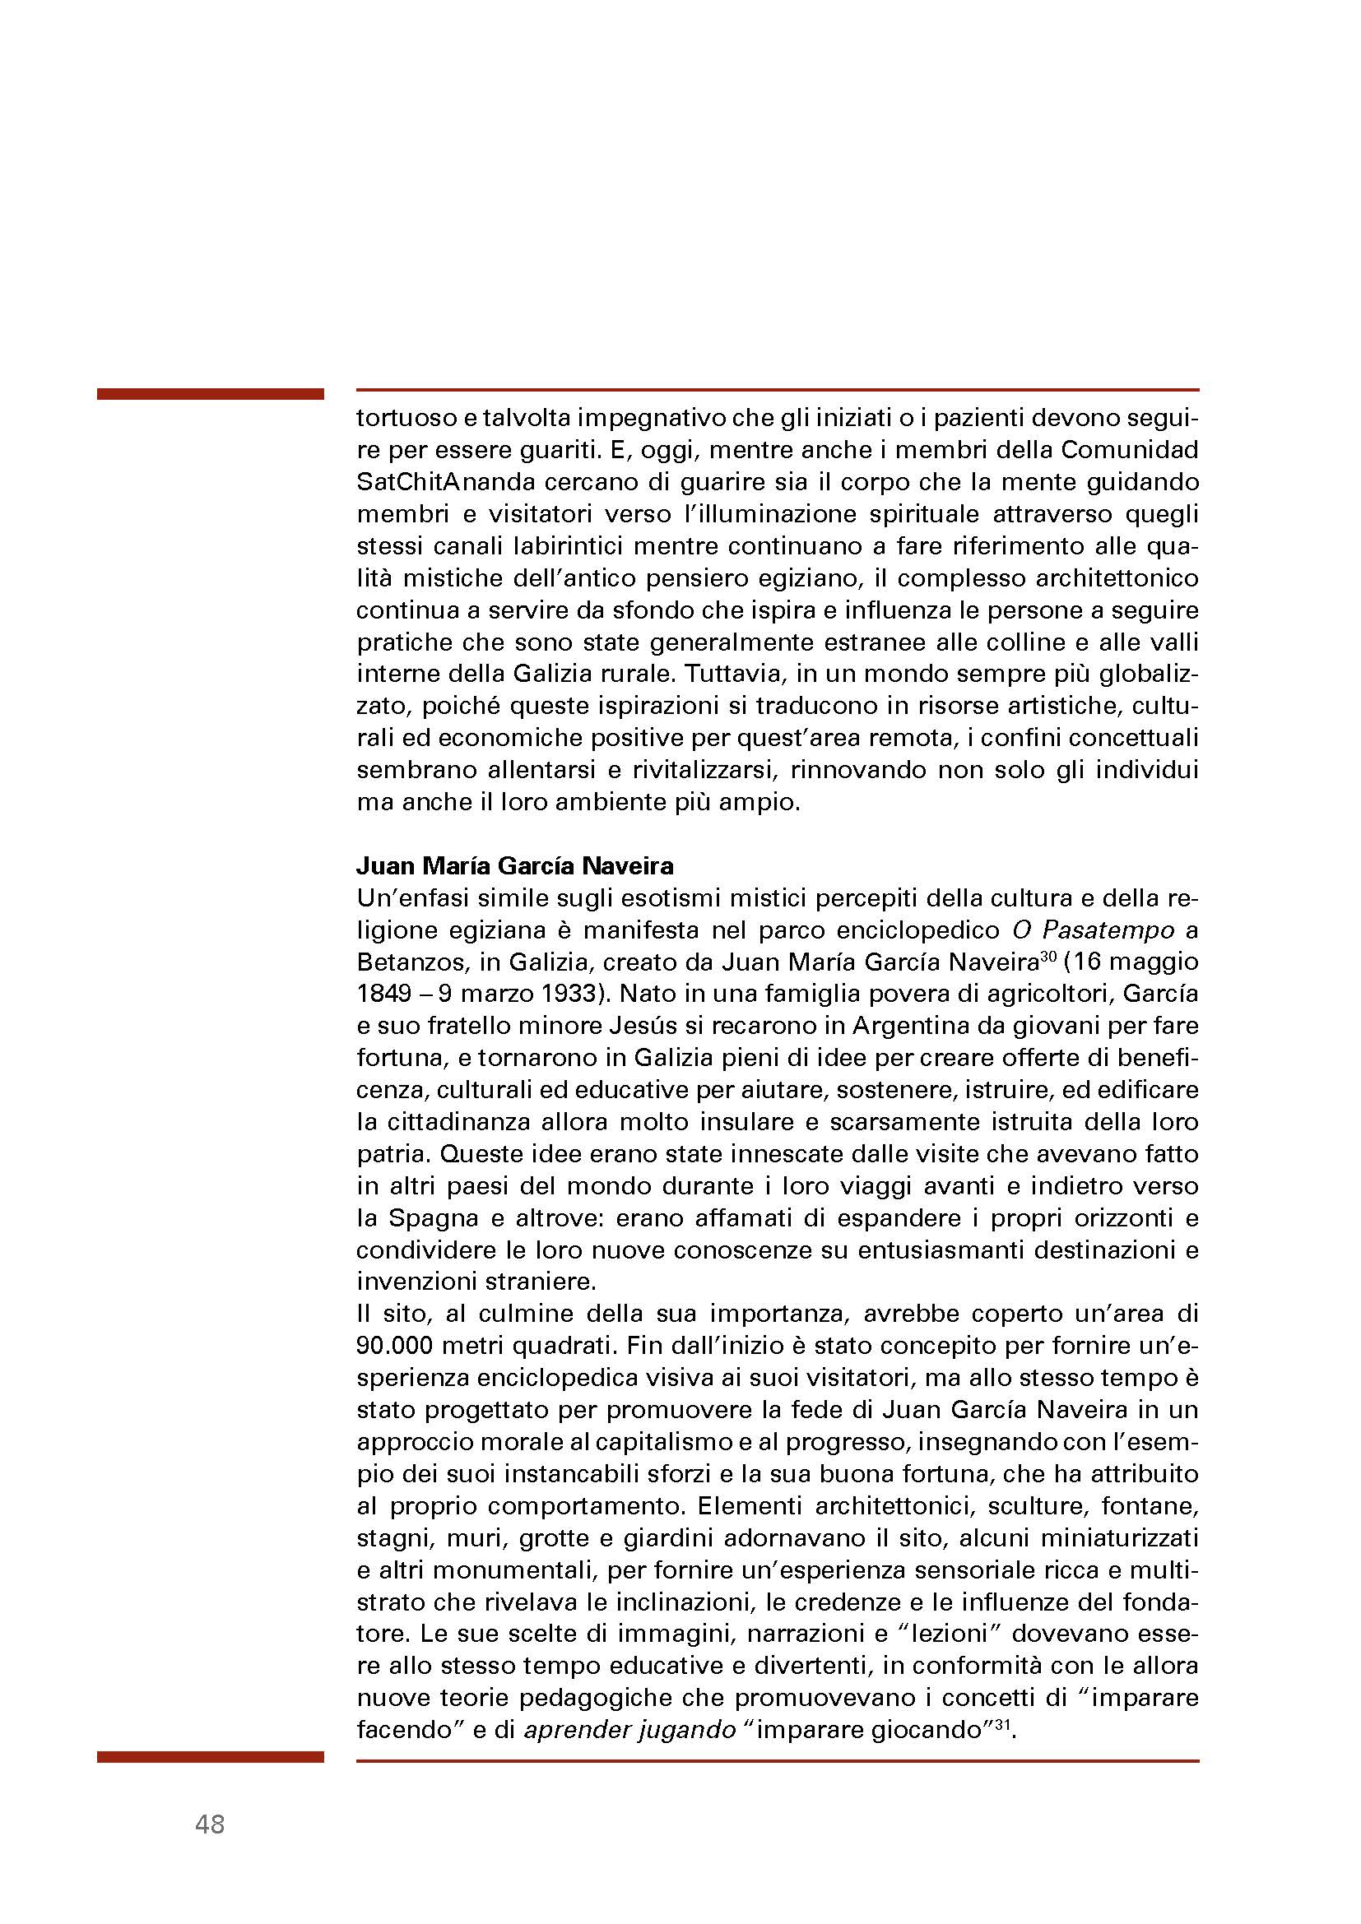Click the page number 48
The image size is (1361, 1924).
210,1825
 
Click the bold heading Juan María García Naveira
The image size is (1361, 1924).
514,865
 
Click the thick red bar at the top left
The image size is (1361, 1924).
211,394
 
